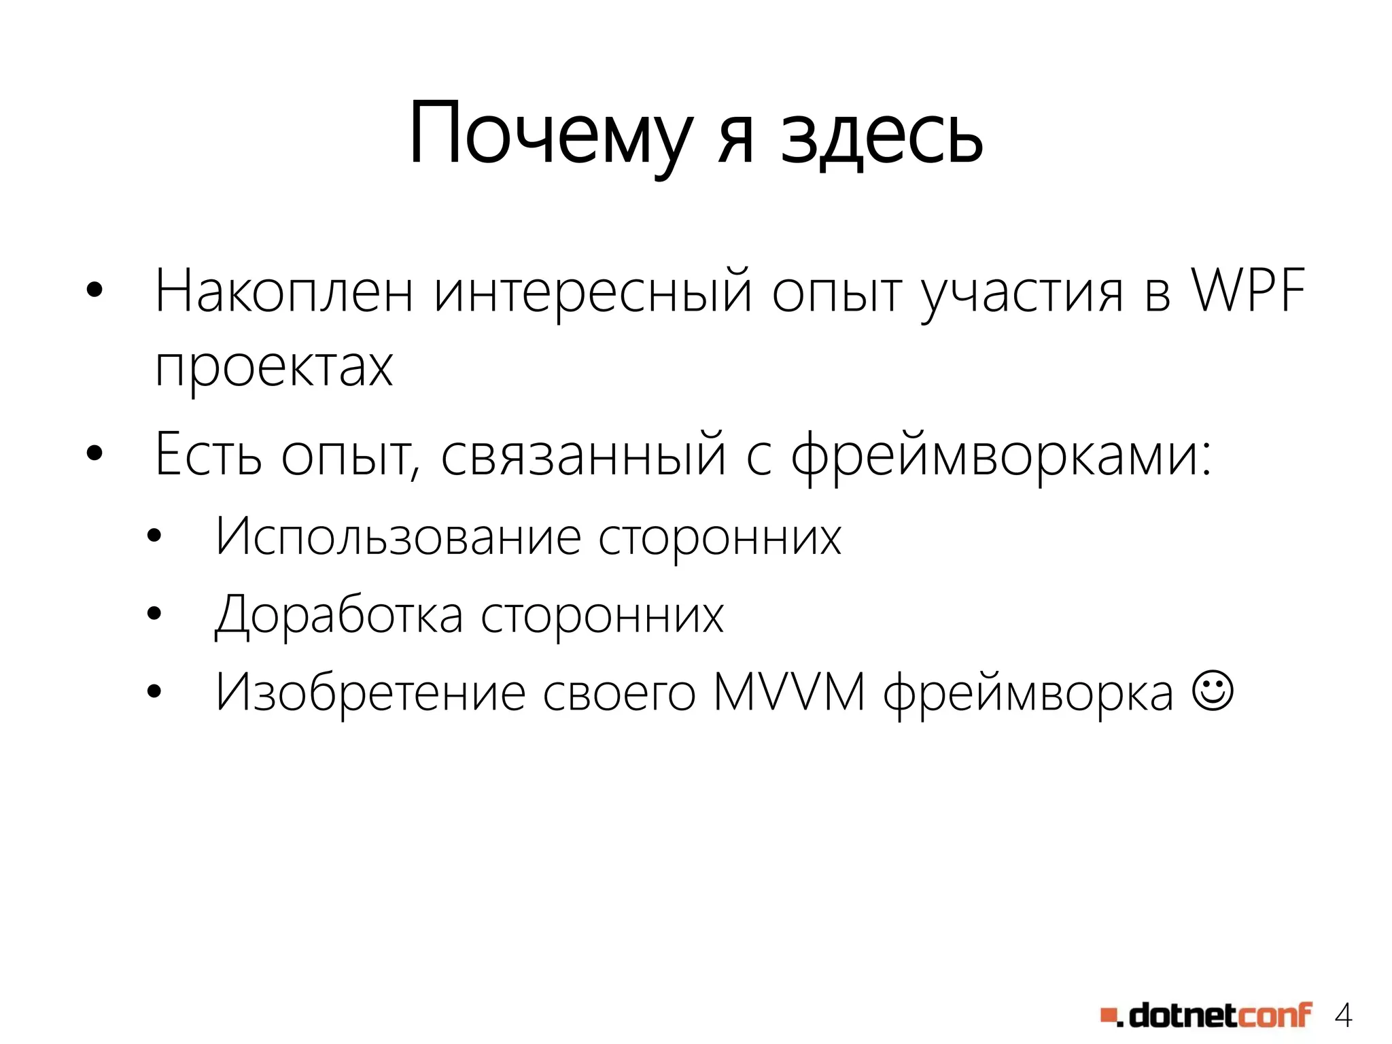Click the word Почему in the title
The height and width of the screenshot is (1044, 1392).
coord(551,135)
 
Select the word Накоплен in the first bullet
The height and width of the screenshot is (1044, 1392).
coord(284,292)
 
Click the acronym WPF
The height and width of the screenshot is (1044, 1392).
coord(1249,291)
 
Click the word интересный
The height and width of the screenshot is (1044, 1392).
coord(593,292)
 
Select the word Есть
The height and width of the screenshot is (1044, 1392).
coord(208,454)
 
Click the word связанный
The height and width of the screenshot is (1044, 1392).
coord(584,454)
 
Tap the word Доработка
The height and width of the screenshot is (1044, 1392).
coord(339,615)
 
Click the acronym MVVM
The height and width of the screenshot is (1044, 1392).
coord(789,693)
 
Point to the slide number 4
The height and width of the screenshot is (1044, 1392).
coord(1343,1015)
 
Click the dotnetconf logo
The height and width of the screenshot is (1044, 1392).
coord(1206,1015)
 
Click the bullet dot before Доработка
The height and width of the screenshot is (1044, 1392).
coord(154,614)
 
